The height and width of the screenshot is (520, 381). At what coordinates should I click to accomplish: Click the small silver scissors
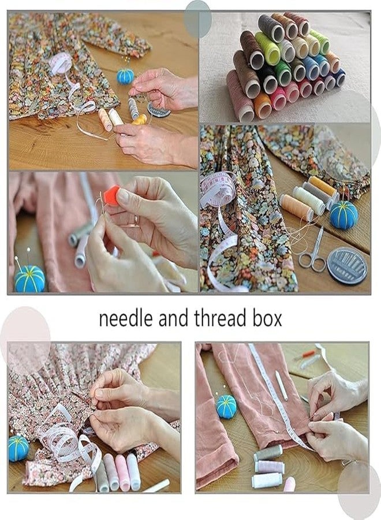[312, 251]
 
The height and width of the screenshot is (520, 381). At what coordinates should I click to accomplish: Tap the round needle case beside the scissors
[346, 266]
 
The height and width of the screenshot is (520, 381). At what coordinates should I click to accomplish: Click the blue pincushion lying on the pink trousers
[226, 406]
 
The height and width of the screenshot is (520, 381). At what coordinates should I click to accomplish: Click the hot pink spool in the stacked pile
[279, 98]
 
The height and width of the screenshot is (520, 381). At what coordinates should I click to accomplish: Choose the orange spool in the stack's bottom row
[262, 106]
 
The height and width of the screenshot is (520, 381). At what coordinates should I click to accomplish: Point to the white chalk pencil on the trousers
[281, 385]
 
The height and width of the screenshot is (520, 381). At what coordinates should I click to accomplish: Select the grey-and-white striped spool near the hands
[133, 107]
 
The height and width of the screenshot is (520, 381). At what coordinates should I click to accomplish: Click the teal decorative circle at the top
[198, 17]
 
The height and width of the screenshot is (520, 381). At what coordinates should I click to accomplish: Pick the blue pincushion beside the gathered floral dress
[18, 448]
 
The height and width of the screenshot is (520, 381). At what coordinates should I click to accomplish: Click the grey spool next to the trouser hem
[268, 452]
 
